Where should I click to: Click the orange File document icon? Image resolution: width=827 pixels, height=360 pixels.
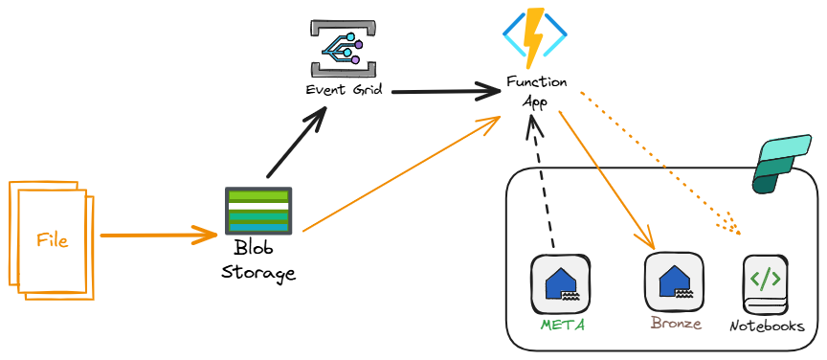coord(52,238)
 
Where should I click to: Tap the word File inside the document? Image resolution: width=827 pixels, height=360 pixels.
coord(53,239)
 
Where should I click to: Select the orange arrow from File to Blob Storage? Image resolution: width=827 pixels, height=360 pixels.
coord(158,234)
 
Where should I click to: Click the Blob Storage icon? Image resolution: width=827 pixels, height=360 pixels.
coord(259,211)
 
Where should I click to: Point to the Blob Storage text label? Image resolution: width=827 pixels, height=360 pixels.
coord(258,260)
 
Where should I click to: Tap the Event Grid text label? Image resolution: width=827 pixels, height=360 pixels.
coord(344,91)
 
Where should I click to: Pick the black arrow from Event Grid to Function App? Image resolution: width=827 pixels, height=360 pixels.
coord(445,92)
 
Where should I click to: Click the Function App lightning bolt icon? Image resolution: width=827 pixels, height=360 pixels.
coord(534,36)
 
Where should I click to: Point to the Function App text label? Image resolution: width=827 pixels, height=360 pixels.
coord(536,92)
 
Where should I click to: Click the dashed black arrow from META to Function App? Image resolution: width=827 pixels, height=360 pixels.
coord(541,182)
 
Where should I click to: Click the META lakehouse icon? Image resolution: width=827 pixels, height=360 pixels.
coord(560,283)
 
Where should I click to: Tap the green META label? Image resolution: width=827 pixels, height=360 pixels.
coord(562,325)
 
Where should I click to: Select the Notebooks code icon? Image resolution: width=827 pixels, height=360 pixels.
coord(766,283)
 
